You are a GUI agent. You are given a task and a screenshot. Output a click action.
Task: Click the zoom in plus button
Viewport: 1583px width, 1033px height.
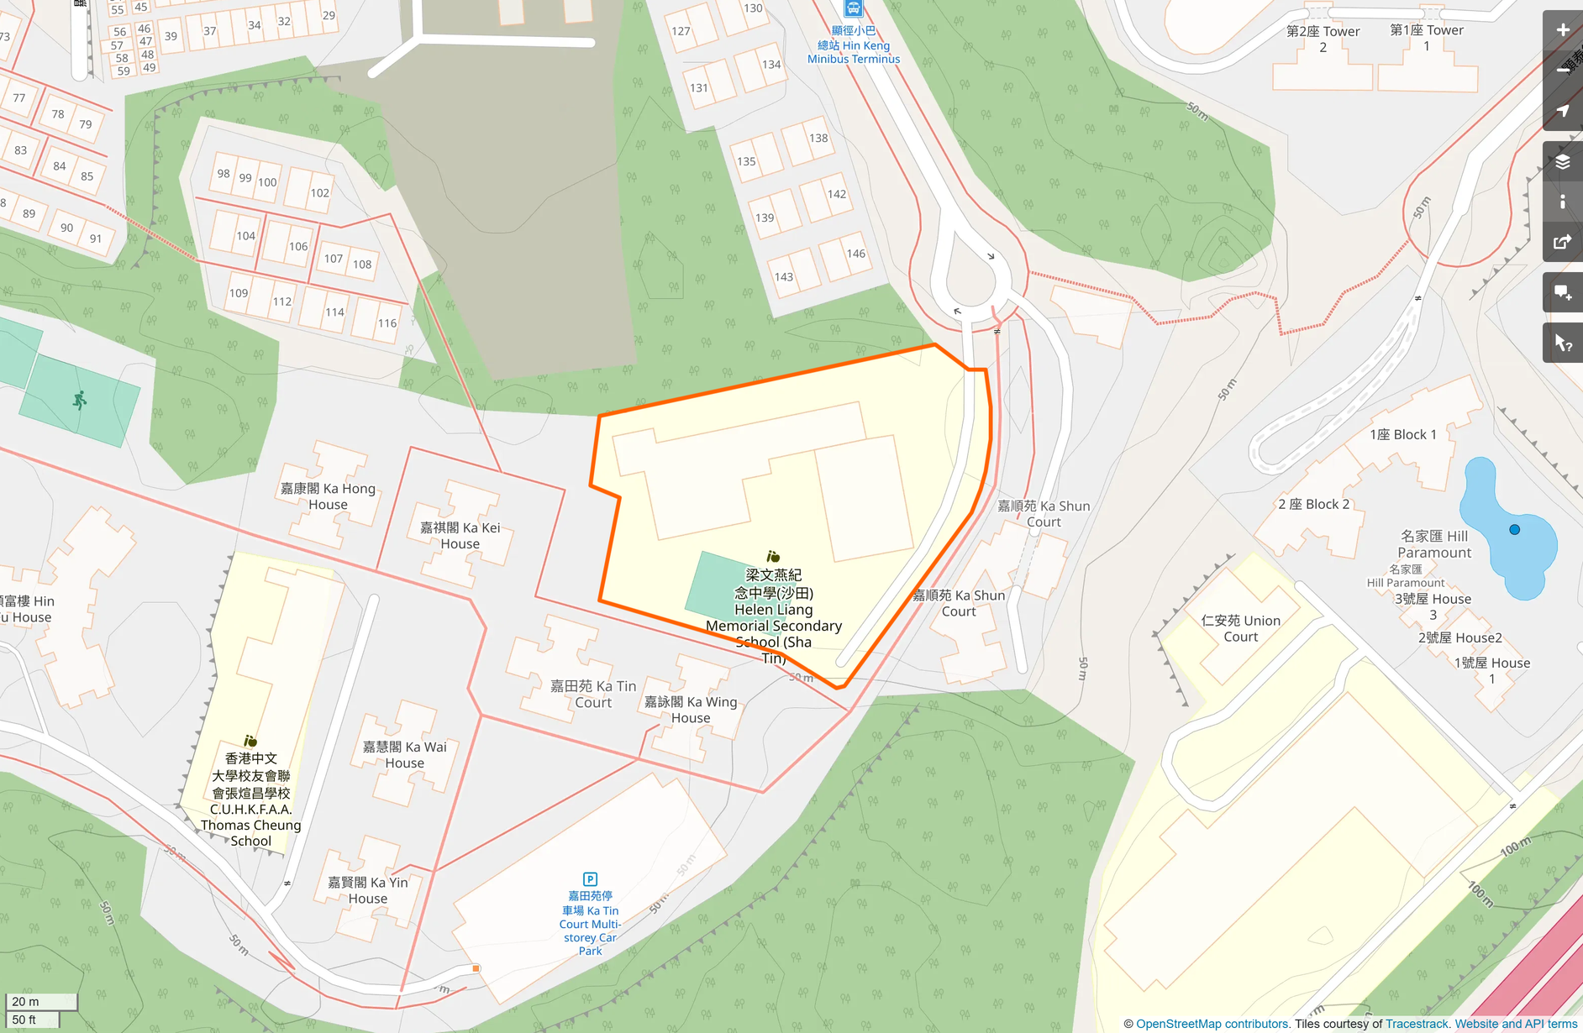[x=1562, y=30]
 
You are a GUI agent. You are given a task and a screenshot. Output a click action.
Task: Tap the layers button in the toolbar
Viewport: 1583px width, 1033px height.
[x=1562, y=162]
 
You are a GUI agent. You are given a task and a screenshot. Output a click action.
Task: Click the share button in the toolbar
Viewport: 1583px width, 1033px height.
[x=1562, y=243]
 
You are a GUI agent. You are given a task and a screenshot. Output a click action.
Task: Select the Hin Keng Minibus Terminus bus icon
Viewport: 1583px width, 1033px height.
[x=853, y=8]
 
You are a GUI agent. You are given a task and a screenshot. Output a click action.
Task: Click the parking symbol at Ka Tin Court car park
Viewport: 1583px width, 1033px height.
[x=590, y=879]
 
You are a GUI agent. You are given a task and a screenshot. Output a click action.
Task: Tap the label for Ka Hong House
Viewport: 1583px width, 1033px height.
[x=328, y=496]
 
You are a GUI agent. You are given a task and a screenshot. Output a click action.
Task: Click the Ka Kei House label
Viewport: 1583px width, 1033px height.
[x=460, y=536]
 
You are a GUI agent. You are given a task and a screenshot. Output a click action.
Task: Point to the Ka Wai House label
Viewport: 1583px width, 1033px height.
[x=404, y=755]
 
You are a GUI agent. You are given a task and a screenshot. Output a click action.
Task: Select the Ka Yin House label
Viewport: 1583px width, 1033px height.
[x=368, y=890]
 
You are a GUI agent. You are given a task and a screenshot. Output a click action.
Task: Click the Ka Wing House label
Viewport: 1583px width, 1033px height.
[x=690, y=710]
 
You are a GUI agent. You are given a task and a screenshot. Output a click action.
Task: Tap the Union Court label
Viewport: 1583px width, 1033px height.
[x=1240, y=628]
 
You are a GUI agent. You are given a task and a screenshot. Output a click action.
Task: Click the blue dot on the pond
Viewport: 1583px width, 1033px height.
[x=1514, y=530]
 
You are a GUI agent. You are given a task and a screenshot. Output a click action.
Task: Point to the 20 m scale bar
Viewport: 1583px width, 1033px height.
[x=41, y=1001]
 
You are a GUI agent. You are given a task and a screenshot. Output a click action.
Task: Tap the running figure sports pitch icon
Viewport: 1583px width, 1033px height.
[x=80, y=401]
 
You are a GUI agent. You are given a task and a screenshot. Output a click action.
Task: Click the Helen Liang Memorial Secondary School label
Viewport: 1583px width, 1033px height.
[x=773, y=617]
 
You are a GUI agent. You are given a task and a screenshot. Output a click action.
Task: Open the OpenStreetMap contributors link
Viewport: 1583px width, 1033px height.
[x=1212, y=1024]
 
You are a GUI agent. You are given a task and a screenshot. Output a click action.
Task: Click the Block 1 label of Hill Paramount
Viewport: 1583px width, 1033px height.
[x=1402, y=434]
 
